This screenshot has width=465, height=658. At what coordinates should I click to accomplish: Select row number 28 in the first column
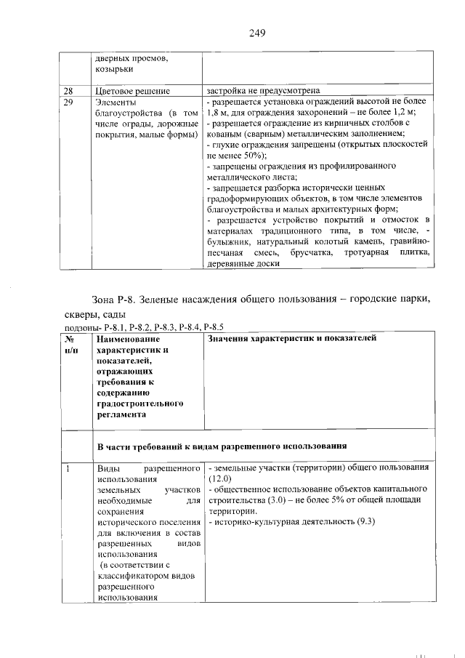click(68, 91)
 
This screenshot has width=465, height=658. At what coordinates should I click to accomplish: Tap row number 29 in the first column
click(68, 103)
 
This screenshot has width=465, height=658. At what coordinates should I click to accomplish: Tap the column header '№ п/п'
click(71, 345)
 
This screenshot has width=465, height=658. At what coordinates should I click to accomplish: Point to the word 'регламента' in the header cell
click(119, 414)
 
